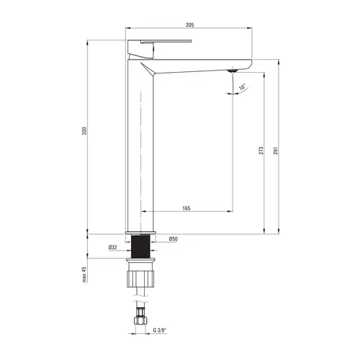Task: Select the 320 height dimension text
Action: pyautogui.click(x=84, y=131)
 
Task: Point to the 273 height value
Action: pyautogui.click(x=261, y=152)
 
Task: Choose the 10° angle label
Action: pyautogui.click(x=243, y=86)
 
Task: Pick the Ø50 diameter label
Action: pyautogui.click(x=173, y=238)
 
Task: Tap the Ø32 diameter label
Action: pyautogui.click(x=113, y=247)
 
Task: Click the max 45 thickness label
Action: pyautogui.click(x=84, y=274)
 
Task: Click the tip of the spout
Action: pyautogui.click(x=248, y=63)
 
